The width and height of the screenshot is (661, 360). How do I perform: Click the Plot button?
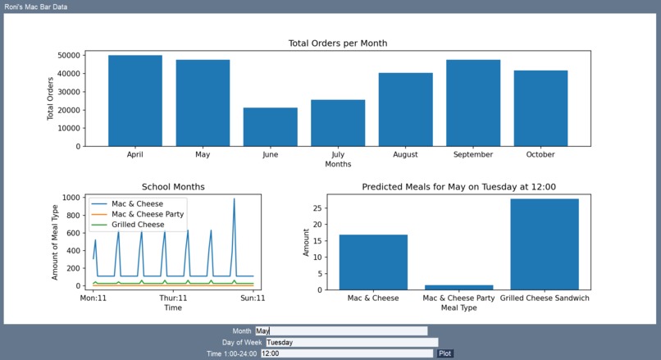(444, 353)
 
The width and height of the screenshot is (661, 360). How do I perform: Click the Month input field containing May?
(340, 330)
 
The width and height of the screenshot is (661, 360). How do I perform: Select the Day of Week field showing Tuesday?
(351, 342)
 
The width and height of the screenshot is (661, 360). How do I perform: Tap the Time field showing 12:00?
(346, 353)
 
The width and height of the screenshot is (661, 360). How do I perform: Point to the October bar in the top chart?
(540, 108)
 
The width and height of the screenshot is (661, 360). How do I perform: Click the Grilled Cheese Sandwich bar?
(545, 244)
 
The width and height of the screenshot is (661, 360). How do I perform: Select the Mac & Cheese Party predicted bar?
(458, 287)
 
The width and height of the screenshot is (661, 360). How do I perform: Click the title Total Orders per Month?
(338, 43)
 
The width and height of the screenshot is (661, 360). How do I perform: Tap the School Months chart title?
(173, 187)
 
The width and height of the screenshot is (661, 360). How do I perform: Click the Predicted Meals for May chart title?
(458, 187)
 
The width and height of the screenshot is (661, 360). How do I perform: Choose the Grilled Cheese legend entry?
(138, 225)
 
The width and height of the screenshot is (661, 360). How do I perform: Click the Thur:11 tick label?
(173, 298)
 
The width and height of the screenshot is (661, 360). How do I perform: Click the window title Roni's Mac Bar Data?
(36, 7)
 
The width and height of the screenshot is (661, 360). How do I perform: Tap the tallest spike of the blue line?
(234, 199)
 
